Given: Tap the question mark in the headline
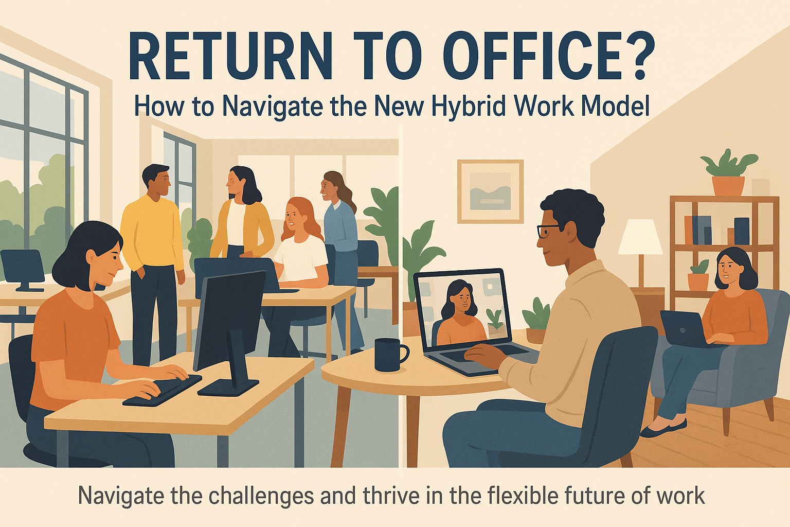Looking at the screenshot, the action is tap(635, 56).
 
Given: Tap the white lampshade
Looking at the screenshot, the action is tap(640, 237).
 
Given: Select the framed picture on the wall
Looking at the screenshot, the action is tap(490, 191).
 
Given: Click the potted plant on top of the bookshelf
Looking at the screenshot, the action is tap(728, 173).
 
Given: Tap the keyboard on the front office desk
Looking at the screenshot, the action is tap(162, 390).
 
